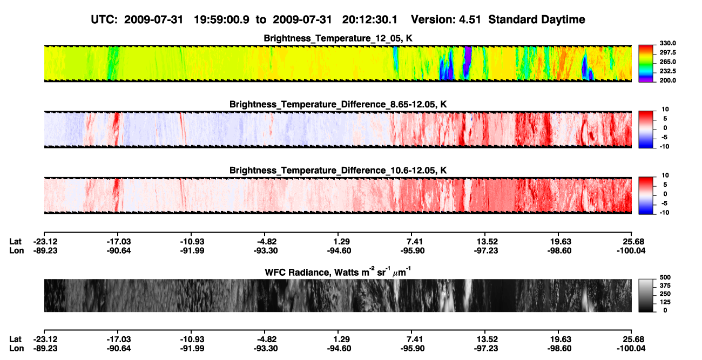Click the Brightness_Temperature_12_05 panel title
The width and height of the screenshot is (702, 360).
338,38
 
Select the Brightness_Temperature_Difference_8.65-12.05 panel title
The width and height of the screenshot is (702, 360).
338,104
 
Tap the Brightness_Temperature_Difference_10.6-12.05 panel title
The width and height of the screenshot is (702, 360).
338,171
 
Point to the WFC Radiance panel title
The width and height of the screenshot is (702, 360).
338,272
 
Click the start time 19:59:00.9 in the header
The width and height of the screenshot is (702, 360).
221,20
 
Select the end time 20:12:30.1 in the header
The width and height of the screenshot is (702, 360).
370,20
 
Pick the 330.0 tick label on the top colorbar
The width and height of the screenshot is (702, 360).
667,43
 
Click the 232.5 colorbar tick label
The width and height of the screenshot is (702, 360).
667,71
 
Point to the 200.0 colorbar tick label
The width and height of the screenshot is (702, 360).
667,80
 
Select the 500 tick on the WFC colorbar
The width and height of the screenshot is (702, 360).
665,277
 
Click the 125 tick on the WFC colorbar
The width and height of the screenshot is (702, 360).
665,302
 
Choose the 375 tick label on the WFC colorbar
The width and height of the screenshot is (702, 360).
665,286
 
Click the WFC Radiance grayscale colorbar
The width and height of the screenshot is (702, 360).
646,295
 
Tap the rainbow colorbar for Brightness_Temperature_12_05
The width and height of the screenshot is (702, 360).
646,64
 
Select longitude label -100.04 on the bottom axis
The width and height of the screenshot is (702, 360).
631,349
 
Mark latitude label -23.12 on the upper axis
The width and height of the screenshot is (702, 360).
45,242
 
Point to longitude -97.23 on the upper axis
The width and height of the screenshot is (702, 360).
486,250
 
